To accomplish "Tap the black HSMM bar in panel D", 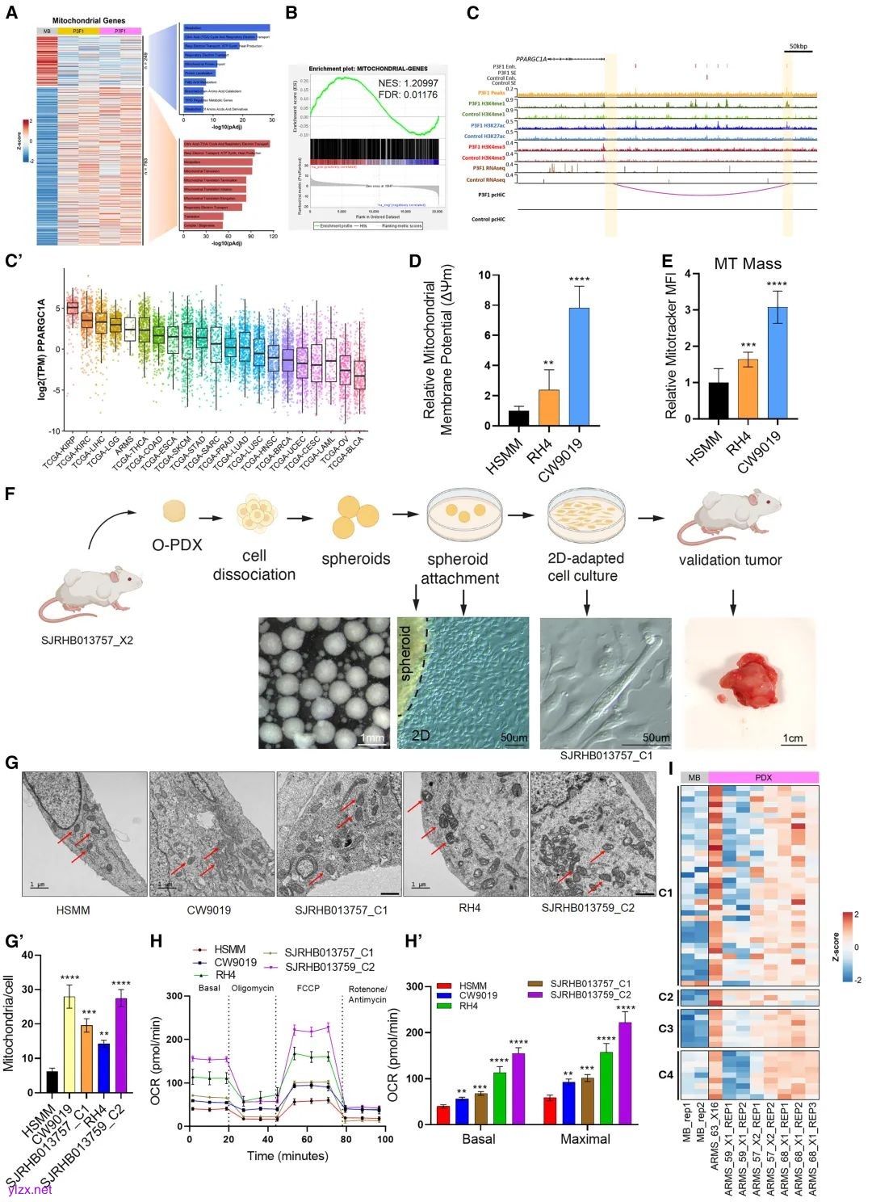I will [x=518, y=418].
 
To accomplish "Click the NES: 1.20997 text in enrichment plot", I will [x=408, y=83].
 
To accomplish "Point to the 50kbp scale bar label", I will [x=798, y=47].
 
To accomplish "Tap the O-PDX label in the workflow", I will [x=177, y=545].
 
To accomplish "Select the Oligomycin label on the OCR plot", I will [x=252, y=988].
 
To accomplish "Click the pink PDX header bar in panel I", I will [x=763, y=777].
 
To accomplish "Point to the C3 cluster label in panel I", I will [x=665, y=1028].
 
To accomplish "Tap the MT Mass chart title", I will [x=748, y=263].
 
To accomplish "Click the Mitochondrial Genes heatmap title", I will [x=89, y=21].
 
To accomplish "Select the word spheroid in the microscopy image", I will [x=406, y=653].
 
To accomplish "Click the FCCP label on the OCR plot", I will [x=308, y=988].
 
